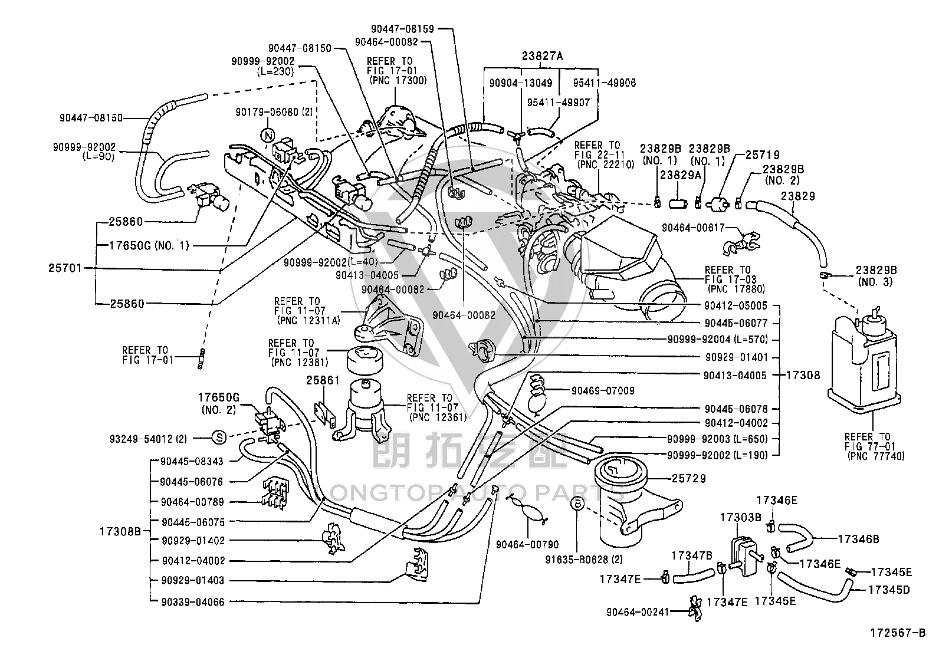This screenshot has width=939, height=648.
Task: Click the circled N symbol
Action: tap(268, 136)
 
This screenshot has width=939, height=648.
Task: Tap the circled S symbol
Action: tap(219, 438)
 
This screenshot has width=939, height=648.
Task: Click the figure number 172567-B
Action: tap(898, 633)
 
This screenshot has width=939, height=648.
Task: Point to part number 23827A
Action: tap(542, 56)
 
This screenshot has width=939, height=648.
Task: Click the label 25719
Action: tap(762, 155)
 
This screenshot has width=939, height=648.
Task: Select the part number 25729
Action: tap(689, 478)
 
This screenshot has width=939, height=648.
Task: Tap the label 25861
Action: tap(323, 380)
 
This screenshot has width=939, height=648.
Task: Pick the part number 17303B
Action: tap(740, 518)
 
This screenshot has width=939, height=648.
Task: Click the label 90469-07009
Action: tap(603, 391)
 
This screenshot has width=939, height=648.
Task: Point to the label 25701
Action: tap(65, 268)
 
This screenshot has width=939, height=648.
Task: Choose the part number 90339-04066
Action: tap(193, 602)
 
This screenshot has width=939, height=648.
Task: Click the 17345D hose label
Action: tap(889, 590)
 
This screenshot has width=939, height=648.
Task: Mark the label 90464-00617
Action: tap(694, 228)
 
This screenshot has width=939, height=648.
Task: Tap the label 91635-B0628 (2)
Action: tap(584, 560)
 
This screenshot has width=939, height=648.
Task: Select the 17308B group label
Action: tap(120, 531)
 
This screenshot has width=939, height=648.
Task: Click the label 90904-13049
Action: tap(521, 83)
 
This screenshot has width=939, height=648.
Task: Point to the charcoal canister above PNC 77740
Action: tap(864, 360)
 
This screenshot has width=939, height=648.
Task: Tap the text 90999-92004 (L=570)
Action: tap(718, 339)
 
